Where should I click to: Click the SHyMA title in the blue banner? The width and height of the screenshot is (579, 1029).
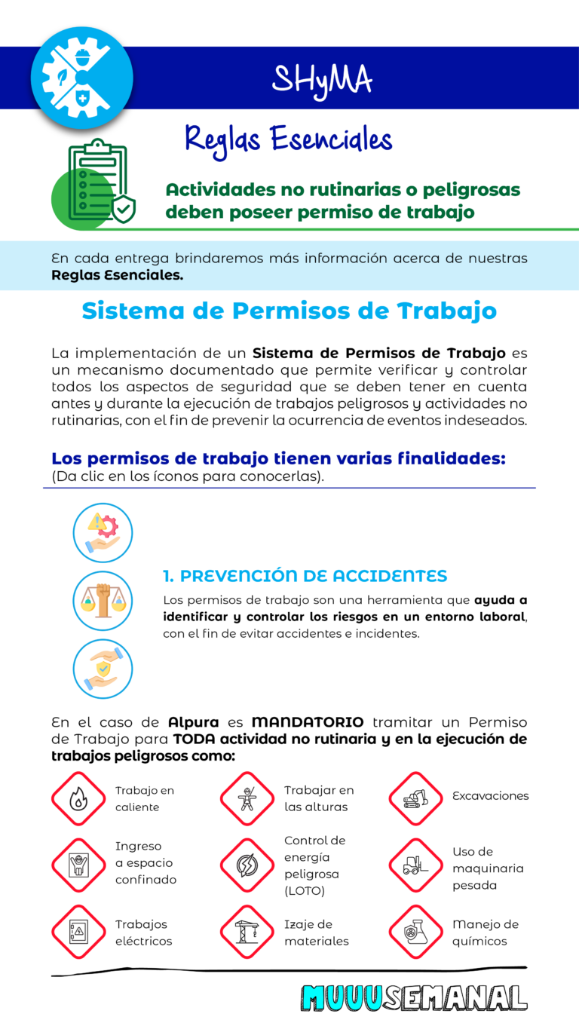(322, 78)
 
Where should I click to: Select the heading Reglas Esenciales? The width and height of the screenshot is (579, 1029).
(289, 140)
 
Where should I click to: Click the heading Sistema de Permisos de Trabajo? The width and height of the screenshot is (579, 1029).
(289, 311)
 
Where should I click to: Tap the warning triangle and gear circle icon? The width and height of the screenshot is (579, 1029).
(103, 532)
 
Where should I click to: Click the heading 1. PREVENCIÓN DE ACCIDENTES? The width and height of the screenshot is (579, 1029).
(305, 576)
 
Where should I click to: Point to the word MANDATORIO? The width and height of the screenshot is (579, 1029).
(308, 722)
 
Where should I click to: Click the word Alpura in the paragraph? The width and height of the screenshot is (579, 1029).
(194, 722)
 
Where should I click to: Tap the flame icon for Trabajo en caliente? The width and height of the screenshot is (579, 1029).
(78, 798)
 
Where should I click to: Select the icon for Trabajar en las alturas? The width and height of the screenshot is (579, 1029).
(247, 798)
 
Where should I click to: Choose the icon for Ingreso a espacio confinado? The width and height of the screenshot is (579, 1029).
(78, 865)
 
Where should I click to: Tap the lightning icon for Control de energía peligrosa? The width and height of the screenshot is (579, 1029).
(247, 865)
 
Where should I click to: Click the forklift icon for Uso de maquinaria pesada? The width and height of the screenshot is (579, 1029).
(415, 865)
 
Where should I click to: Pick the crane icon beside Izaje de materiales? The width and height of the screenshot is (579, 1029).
(247, 932)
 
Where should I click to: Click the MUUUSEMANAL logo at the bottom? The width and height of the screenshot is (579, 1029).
(414, 997)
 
